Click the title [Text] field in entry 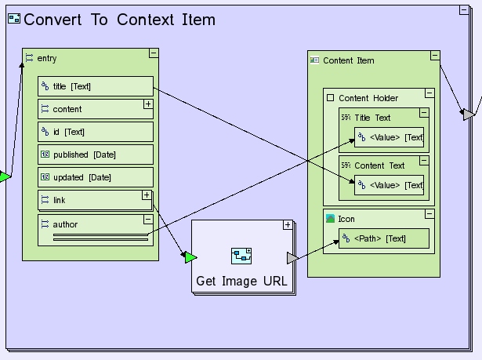95,86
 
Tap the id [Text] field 95,132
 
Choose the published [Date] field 95,155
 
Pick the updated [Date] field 95,177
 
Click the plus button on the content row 147,104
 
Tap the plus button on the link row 147,195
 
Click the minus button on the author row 147,220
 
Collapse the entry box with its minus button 153,53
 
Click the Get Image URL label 241,281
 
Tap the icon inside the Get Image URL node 241,256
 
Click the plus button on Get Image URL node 288,225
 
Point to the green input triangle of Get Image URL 190,257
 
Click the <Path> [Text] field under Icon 383,238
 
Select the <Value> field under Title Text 389,137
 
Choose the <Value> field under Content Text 389,185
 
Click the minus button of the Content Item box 434,56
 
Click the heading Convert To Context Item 119,20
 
